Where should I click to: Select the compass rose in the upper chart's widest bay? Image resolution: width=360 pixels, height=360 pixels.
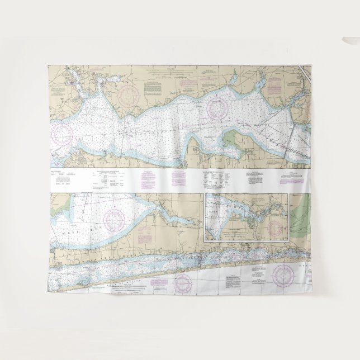point(217,108)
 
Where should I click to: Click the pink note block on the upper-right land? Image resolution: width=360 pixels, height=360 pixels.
point(274,84)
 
